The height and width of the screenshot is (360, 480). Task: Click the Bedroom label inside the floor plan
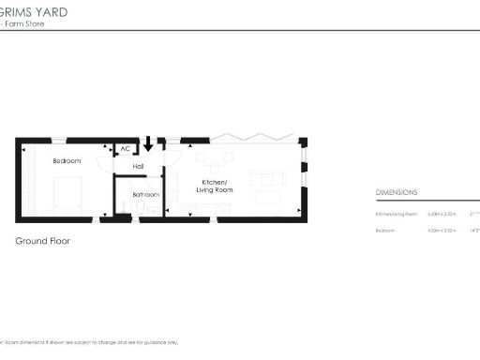(x=67, y=161)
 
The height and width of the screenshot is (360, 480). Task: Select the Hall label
(x=138, y=166)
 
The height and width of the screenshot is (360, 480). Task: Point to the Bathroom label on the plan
(x=145, y=195)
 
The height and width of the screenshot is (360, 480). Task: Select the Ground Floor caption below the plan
(x=42, y=241)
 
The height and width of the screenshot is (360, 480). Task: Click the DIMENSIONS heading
(x=397, y=192)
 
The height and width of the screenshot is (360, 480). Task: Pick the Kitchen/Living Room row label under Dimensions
(x=394, y=215)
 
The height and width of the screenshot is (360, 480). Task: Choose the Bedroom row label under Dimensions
(x=385, y=230)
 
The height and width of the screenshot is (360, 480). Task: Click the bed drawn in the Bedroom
(x=69, y=194)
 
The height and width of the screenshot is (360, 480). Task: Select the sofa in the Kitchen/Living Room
(x=269, y=177)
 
